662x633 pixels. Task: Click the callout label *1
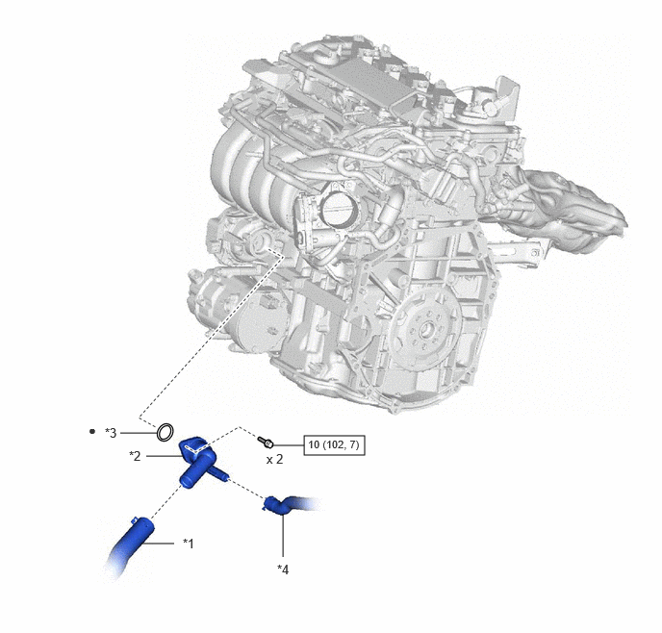tap(189, 544)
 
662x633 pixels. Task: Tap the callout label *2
tap(135, 456)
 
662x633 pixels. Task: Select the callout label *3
tap(111, 433)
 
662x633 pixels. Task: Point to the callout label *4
tap(283, 570)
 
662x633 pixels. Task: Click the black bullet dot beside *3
tap(92, 432)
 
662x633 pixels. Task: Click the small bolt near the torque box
tap(266, 443)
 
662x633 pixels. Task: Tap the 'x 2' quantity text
tap(274, 460)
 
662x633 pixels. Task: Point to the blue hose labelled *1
tap(130, 544)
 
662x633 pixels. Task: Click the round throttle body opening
tap(340, 207)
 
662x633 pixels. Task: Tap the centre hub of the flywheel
tap(427, 328)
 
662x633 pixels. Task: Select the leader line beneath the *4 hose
tap(283, 535)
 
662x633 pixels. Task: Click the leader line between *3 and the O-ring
tap(138, 433)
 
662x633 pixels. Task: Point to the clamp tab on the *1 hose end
tap(134, 519)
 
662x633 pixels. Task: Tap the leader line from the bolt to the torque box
tap(289, 444)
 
